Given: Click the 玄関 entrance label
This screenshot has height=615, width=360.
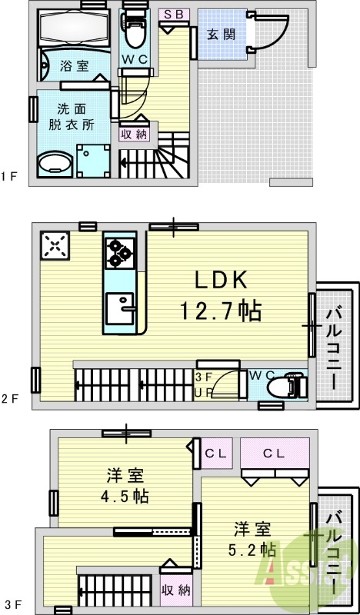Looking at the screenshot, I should (220, 33).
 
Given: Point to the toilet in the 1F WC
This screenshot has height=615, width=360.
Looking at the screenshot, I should (136, 33).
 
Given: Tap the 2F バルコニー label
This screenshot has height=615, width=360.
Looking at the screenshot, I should (336, 346).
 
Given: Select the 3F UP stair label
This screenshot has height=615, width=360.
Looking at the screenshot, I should (205, 384).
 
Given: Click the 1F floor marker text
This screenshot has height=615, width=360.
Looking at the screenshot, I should (9, 176).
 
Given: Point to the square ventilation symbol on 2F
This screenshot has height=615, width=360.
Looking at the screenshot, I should (55, 246).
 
